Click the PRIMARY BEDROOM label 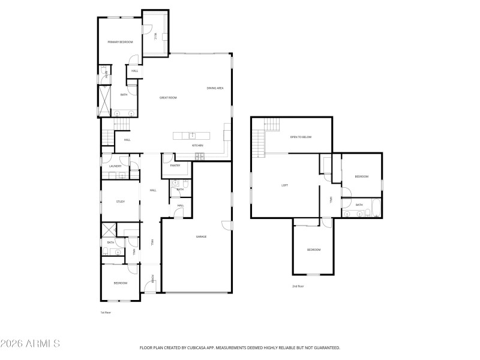(120, 42)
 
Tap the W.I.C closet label (155, 35)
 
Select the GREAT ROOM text (168, 97)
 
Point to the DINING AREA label (215, 88)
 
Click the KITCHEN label (197, 145)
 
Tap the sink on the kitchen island (192, 135)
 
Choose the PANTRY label (175, 165)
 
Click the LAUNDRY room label (116, 166)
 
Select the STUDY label (120, 202)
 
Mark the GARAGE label (201, 236)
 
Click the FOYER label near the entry (152, 278)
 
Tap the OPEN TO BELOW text (301, 137)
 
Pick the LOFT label (284, 185)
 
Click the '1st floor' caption (106, 313)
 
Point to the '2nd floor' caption (298, 286)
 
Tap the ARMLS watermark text (30, 344)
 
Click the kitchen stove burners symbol (199, 157)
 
